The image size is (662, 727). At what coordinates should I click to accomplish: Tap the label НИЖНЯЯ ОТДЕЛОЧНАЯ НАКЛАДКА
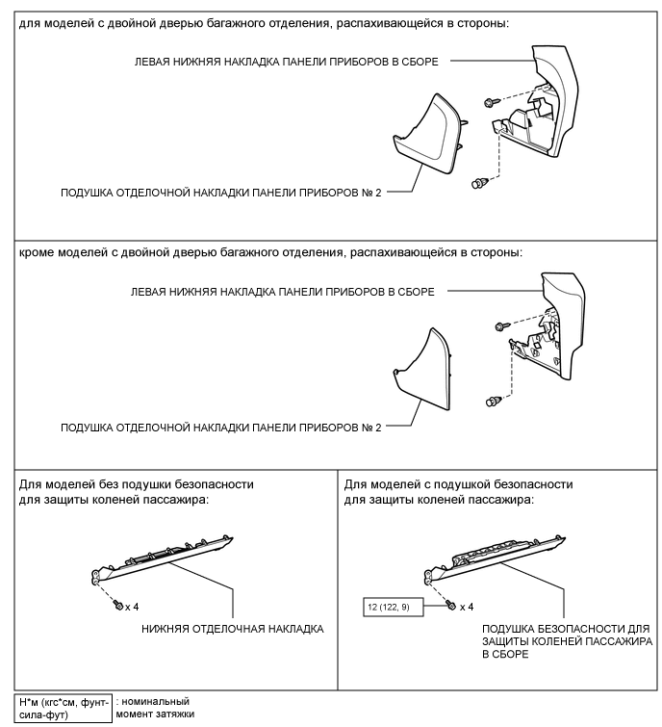(x=232, y=629)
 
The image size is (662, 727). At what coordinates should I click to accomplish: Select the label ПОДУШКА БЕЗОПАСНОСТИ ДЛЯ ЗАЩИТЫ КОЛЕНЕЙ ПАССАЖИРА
(x=568, y=640)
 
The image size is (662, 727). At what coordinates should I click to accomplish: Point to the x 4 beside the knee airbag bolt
(x=467, y=607)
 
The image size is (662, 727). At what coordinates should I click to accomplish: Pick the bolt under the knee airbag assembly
(x=449, y=606)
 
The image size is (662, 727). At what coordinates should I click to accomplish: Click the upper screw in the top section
(x=490, y=100)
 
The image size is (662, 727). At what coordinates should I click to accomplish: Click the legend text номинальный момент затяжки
(x=152, y=708)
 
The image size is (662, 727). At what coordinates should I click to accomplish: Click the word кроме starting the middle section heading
(x=38, y=253)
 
